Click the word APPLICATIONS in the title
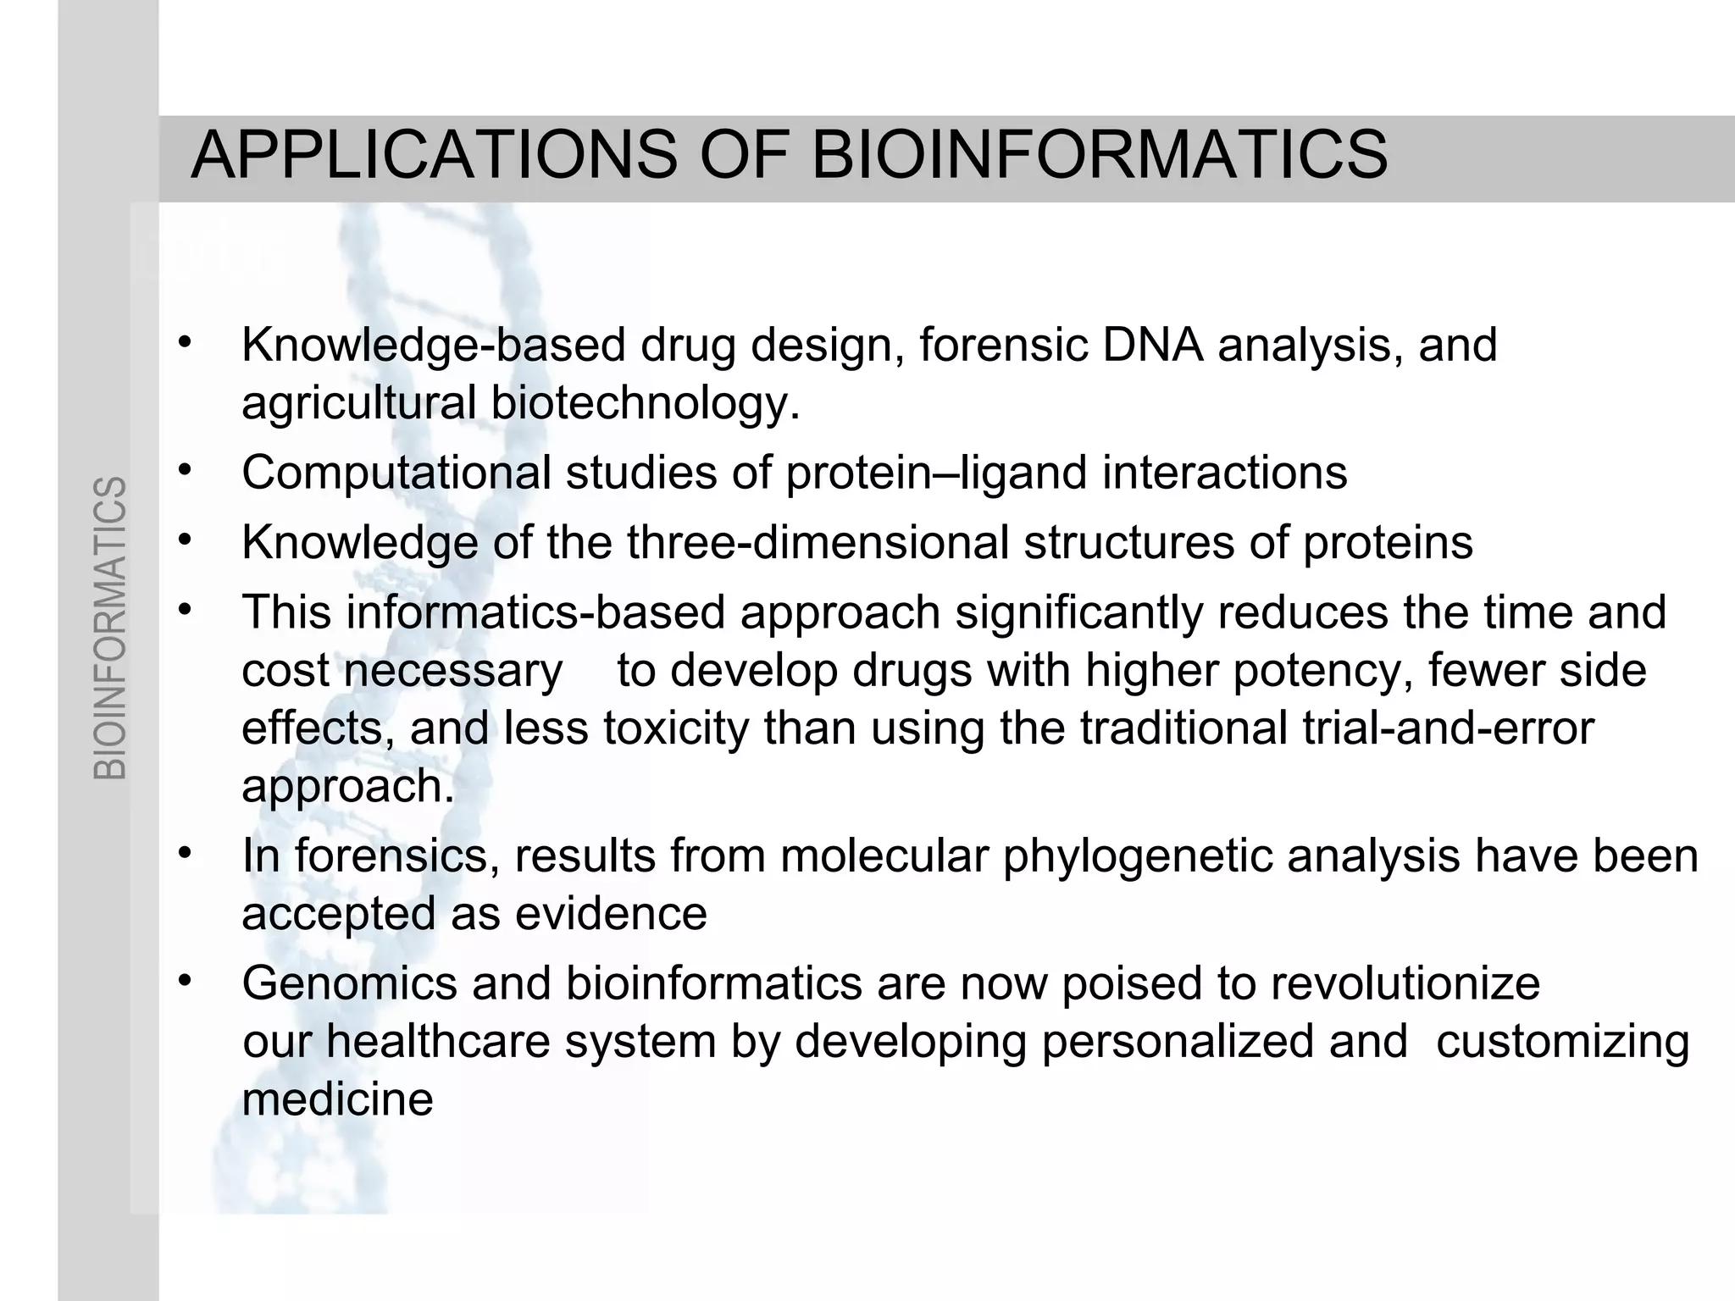pos(434,156)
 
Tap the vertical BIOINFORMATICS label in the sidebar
pos(110,628)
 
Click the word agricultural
pos(358,403)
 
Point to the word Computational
pos(396,473)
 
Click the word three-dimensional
pos(818,543)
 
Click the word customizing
pos(1563,1041)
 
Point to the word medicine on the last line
pos(337,1099)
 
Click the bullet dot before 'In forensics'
pos(186,852)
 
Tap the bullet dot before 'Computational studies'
pos(186,468)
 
